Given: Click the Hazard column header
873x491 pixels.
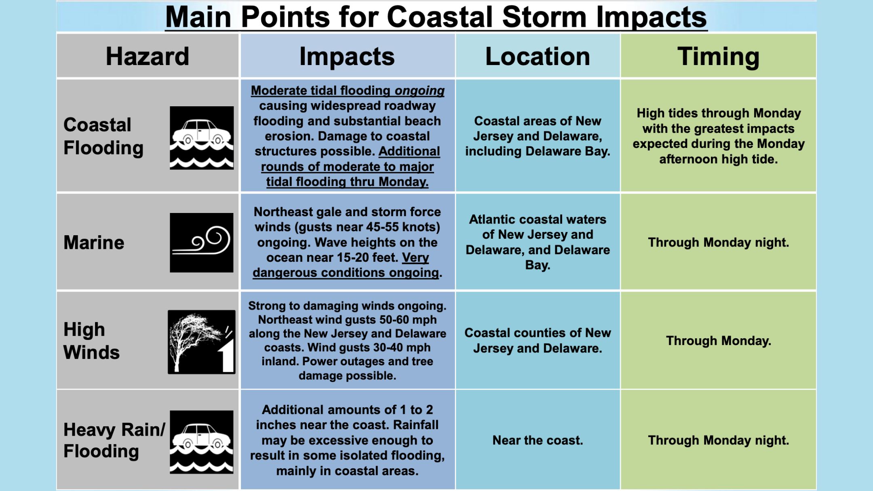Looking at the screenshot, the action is point(148,56).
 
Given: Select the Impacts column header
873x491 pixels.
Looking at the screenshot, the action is point(347,56).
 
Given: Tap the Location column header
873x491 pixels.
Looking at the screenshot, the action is point(538,56).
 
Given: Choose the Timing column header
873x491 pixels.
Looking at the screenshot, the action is point(719,57).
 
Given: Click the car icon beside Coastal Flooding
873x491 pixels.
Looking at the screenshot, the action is point(202,138).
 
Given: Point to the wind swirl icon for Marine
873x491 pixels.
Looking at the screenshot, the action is point(202,242).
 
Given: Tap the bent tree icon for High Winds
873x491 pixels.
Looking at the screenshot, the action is point(202,342).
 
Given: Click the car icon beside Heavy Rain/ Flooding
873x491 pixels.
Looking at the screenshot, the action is point(202,442).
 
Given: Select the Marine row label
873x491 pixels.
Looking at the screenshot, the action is point(94,242).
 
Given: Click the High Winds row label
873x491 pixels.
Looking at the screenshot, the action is point(92,341).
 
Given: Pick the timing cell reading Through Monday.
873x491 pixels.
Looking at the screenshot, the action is point(719,341).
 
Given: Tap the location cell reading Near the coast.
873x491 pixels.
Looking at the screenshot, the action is point(538,440).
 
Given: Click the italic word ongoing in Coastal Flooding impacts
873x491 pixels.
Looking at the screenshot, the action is point(420,91).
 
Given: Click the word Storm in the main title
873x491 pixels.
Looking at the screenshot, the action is point(544,17).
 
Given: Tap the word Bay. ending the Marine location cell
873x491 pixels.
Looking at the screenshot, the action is point(538,265).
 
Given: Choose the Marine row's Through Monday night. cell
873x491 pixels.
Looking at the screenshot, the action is point(719,242).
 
